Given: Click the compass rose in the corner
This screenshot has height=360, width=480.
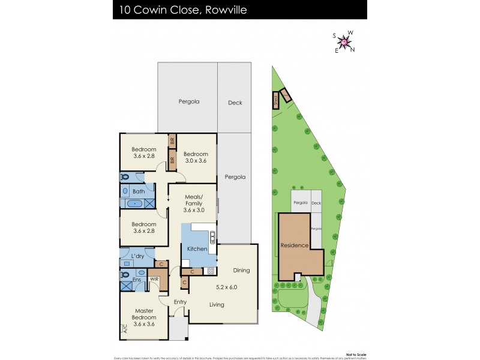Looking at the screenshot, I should click(344, 42).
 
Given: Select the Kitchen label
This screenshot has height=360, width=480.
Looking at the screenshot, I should click(197, 248).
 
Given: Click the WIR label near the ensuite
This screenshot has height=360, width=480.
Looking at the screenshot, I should click(154, 279).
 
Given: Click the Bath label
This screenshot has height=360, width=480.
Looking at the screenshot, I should click(139, 191).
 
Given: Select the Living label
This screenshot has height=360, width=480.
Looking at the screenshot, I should click(217, 304).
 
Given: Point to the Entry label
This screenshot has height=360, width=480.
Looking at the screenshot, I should click(180, 301).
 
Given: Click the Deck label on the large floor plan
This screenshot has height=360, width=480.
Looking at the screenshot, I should click(235, 103).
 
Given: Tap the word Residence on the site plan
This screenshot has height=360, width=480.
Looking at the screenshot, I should click(295, 245).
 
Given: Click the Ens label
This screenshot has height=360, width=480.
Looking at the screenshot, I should click(138, 279).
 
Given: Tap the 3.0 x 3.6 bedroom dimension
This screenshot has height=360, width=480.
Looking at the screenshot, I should click(196, 161).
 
